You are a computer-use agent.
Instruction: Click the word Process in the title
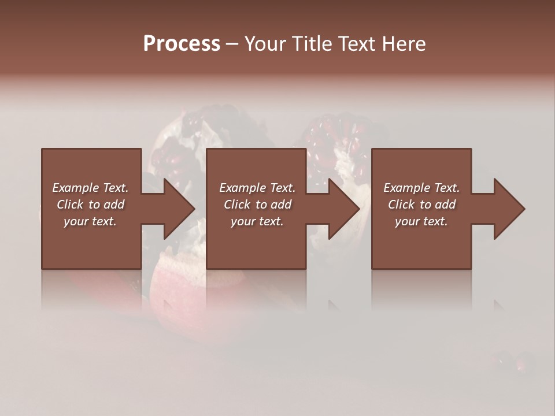point(182,44)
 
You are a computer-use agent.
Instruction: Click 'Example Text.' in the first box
point(90,188)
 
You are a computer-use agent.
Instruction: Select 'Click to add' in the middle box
point(257,205)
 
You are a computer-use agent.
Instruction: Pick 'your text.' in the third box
point(421,221)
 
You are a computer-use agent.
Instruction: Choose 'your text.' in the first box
point(90,221)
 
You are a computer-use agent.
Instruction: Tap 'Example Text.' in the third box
point(421,188)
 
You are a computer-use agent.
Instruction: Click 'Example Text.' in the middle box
point(257,188)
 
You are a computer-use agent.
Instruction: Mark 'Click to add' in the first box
point(90,205)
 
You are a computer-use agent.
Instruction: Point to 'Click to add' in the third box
point(421,205)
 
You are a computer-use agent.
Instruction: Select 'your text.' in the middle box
point(257,221)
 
